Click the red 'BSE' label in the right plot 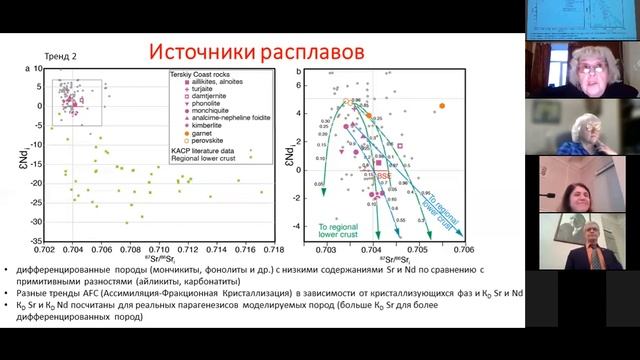pyautogui.click(x=383, y=174)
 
